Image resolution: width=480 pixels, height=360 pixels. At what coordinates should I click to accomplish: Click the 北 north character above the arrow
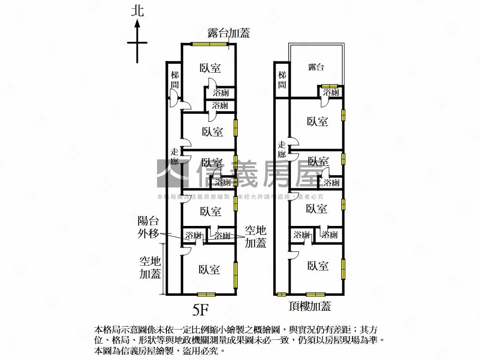point(137,11)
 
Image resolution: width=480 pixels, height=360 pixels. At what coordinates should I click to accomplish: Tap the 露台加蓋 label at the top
point(229,33)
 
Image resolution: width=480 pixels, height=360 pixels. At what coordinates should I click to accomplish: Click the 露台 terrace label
point(316,67)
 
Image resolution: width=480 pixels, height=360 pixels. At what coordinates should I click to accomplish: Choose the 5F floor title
point(200,309)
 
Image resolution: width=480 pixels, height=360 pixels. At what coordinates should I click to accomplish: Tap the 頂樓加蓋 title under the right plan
point(310,307)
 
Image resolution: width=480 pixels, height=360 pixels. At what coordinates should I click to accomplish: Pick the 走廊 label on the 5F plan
point(174,157)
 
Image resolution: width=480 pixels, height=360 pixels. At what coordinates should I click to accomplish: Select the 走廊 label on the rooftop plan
point(282,150)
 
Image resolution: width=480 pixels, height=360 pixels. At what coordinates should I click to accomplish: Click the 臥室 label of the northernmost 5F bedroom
point(210,68)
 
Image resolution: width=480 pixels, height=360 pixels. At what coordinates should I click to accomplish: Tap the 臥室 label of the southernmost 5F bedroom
point(209,270)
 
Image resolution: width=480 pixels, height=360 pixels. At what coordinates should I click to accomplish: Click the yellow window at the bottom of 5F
point(206,294)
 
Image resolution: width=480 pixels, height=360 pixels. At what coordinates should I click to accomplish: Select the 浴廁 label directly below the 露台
point(331,92)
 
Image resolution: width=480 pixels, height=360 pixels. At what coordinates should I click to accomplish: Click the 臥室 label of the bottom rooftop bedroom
point(317,266)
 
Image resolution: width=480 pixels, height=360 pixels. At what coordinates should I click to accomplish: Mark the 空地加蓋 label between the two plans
point(255,236)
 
